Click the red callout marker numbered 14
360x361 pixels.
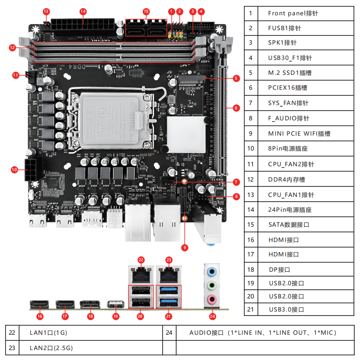[83, 11]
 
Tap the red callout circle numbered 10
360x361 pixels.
[14, 169]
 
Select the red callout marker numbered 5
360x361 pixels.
[236, 78]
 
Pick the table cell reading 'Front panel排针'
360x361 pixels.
[293, 13]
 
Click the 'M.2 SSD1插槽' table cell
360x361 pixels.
[290, 73]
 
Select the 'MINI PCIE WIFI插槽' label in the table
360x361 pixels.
[299, 133]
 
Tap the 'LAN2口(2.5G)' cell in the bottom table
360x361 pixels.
[51, 348]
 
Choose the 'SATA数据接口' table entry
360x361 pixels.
[289, 224]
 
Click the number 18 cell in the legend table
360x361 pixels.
[250, 270]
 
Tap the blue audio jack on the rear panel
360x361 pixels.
[212, 271]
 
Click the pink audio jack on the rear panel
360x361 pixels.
[212, 300]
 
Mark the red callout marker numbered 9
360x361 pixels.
[185, 248]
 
